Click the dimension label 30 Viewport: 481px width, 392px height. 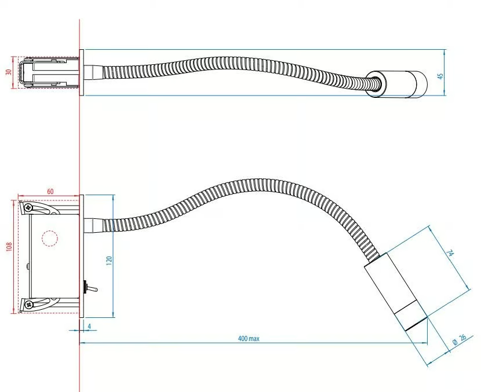pyautogui.click(x=9, y=72)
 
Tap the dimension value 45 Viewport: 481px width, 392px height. pyautogui.click(x=441, y=76)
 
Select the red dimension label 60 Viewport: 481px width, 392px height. pyautogui.click(x=50, y=191)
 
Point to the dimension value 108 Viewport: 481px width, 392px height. pyautogui.click(x=9, y=247)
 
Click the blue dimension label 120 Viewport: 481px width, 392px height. pyautogui.click(x=109, y=261)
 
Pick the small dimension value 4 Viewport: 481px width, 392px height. pyautogui.click(x=89, y=326)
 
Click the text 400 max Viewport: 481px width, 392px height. pyautogui.click(x=249, y=338)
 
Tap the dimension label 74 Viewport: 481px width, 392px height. pyautogui.click(x=450, y=254)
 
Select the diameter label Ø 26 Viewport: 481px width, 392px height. pyautogui.click(x=459, y=339)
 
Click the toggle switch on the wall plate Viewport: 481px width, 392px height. pyautogui.click(x=90, y=288)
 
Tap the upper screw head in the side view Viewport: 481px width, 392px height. pyautogui.click(x=28, y=207)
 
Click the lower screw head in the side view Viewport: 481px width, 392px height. pyautogui.click(x=29, y=305)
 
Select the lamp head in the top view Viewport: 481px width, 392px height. pyautogui.click(x=396, y=85)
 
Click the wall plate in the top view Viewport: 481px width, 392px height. pyautogui.click(x=82, y=72)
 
